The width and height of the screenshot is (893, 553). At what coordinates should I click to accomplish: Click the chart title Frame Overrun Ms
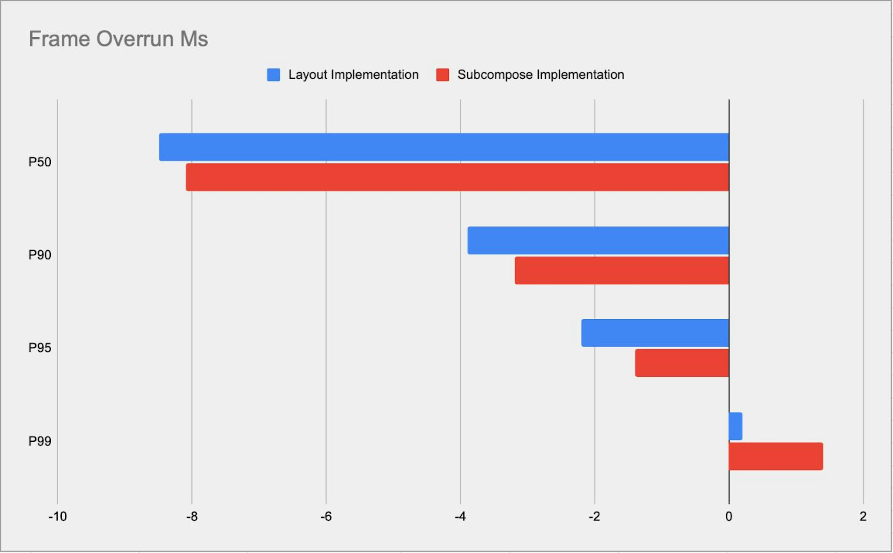118,39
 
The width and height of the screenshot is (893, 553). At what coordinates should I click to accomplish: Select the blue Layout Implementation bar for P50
443,147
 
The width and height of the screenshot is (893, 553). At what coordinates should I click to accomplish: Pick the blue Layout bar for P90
598,240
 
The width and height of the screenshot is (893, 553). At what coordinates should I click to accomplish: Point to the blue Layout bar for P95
655,333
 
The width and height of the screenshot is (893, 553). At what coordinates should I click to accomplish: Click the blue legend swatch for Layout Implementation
273,75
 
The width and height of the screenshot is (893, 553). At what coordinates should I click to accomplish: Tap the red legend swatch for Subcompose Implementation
443,75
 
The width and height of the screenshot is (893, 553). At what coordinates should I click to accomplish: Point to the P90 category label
40,255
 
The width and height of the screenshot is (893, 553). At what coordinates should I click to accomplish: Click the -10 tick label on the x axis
57,517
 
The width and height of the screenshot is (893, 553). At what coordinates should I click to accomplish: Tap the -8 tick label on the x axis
192,517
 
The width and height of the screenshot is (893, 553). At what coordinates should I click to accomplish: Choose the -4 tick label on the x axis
460,517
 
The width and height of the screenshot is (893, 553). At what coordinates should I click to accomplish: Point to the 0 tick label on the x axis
729,517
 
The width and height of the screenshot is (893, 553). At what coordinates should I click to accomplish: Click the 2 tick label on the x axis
863,517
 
